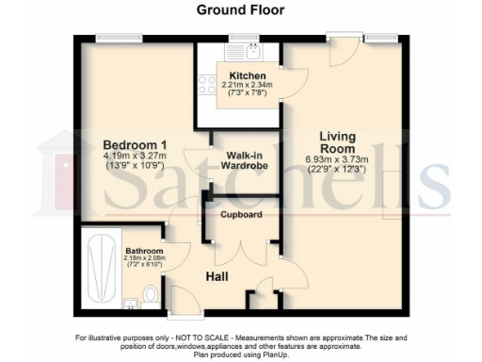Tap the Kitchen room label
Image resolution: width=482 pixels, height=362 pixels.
(247, 74)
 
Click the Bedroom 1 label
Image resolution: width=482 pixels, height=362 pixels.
(136, 144)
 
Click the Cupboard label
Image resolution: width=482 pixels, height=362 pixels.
(241, 215)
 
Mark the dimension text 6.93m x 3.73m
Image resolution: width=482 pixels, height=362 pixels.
(337, 160)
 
